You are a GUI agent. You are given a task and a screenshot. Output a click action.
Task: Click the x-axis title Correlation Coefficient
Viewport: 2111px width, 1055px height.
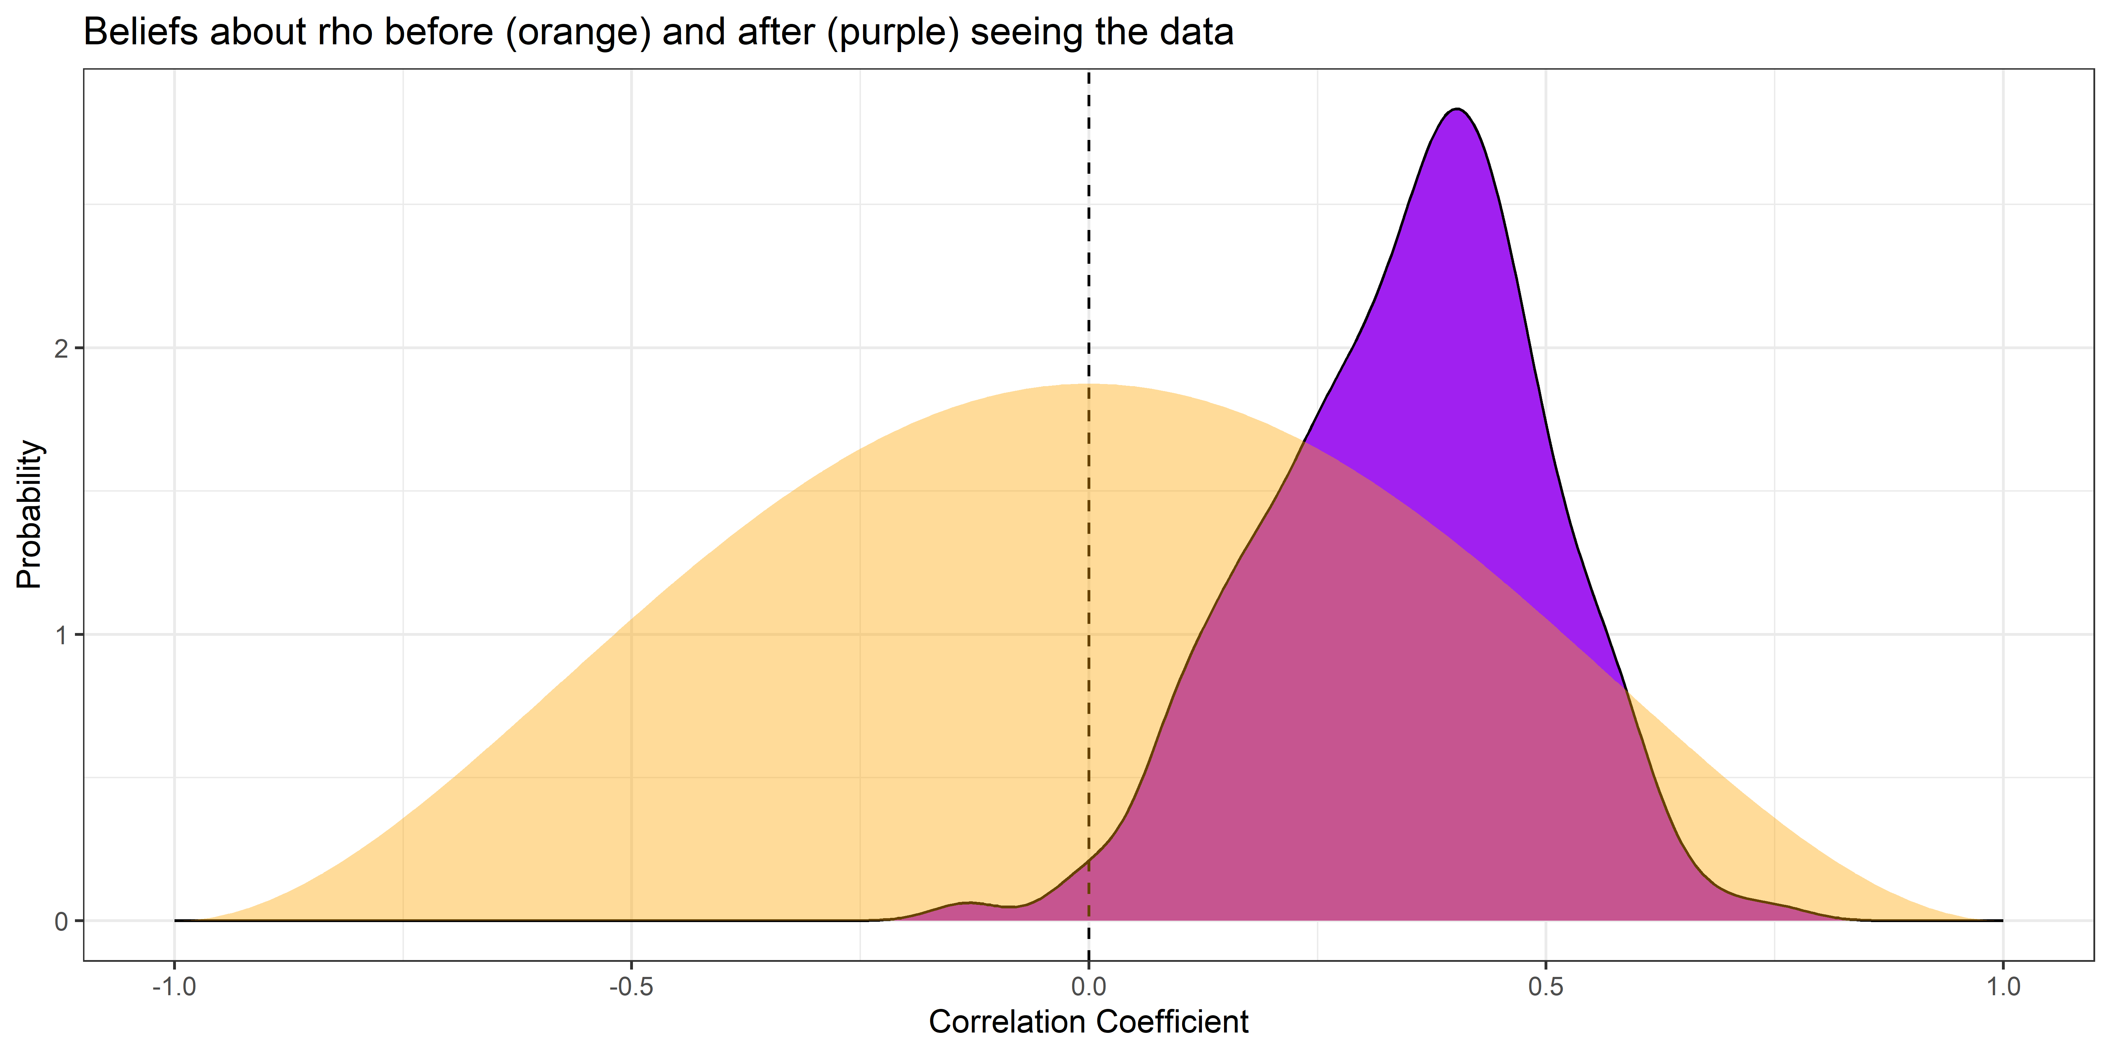(x=1088, y=1022)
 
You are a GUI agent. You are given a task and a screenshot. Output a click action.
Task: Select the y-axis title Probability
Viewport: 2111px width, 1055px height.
(x=30, y=514)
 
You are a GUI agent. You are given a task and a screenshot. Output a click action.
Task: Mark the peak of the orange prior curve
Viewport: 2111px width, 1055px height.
(x=1088, y=384)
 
